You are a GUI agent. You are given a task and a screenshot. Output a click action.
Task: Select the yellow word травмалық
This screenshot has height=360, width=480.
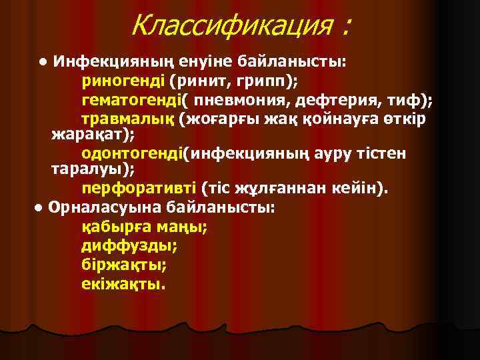(x=127, y=119)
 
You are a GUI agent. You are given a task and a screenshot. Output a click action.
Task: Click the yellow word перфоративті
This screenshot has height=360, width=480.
(x=137, y=189)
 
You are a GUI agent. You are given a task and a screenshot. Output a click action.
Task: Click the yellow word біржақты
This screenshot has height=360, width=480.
(x=123, y=264)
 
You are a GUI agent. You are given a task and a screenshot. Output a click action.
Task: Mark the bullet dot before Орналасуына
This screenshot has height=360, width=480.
(x=40, y=207)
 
